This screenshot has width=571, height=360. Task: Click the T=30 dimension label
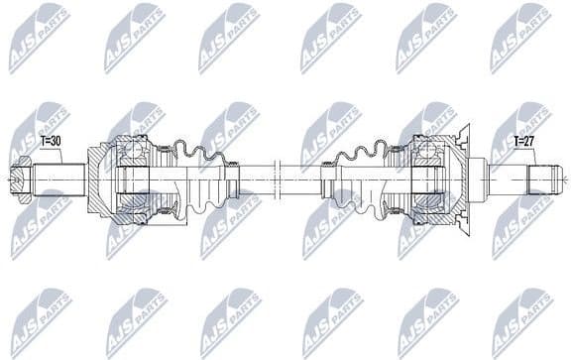pyautogui.click(x=51, y=142)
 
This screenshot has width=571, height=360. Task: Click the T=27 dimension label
pyautogui.click(x=524, y=142)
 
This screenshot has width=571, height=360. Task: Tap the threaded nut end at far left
pyautogui.click(x=19, y=180)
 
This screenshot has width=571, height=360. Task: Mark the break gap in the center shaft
pyautogui.click(x=278, y=180)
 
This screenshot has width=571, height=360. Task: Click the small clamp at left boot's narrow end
pyautogui.click(x=235, y=180)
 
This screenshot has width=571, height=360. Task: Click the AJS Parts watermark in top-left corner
pyautogui.click(x=40, y=38)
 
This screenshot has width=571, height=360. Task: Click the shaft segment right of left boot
pyautogui.click(x=255, y=180)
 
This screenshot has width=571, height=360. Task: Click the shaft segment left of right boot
pyautogui.click(x=302, y=180)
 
